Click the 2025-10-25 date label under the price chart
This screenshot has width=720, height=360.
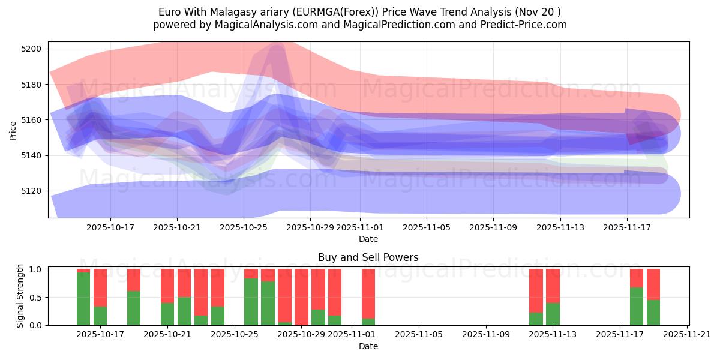click(x=243, y=228)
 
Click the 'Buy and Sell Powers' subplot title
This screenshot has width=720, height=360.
click(x=368, y=258)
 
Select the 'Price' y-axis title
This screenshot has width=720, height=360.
click(x=13, y=130)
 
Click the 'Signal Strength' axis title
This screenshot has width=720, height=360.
click(x=20, y=296)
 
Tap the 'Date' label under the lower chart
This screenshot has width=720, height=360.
click(x=368, y=346)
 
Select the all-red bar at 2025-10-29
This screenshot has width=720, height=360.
click(x=301, y=297)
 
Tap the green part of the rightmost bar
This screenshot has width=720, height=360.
click(x=653, y=312)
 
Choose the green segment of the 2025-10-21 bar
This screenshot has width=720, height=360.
click(x=167, y=314)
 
